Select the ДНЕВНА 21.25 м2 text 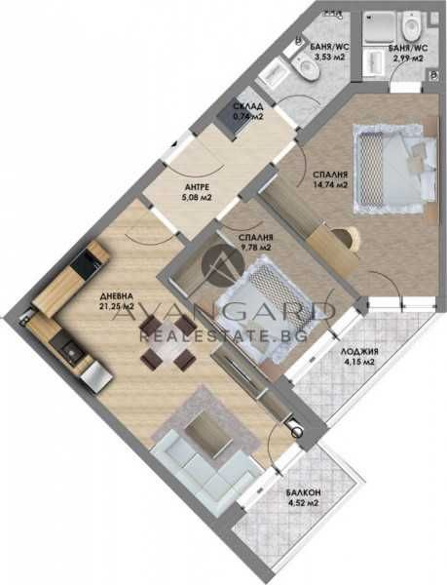117,304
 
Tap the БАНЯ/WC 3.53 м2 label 323,52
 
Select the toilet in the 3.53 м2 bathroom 307,66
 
